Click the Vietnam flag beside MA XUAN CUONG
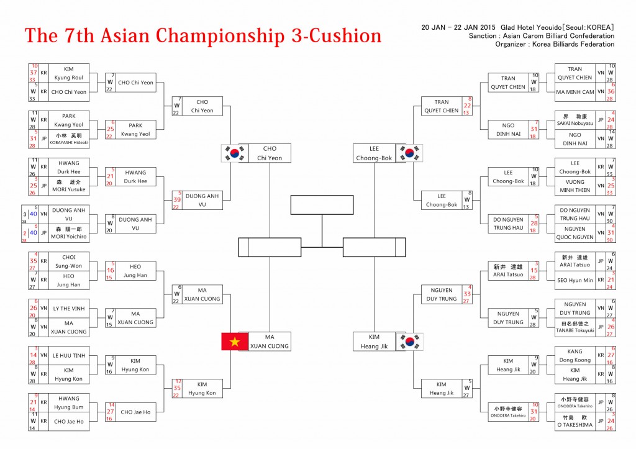[235, 341]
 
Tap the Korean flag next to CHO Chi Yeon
[235, 153]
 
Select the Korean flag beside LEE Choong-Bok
[409, 153]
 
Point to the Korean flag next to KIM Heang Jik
[409, 341]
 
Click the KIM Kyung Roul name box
[69, 73]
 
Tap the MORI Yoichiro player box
[69, 233]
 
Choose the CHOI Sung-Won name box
[69, 261]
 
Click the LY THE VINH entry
[69, 308]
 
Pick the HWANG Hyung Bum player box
[69, 402]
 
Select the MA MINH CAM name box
[575, 92]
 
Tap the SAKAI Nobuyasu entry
[575, 120]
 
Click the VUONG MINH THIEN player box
[575, 186]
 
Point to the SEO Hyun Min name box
[575, 280]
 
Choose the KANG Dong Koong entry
[575, 355]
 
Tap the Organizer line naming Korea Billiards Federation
[555, 44]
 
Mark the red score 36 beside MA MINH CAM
[611, 91]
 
